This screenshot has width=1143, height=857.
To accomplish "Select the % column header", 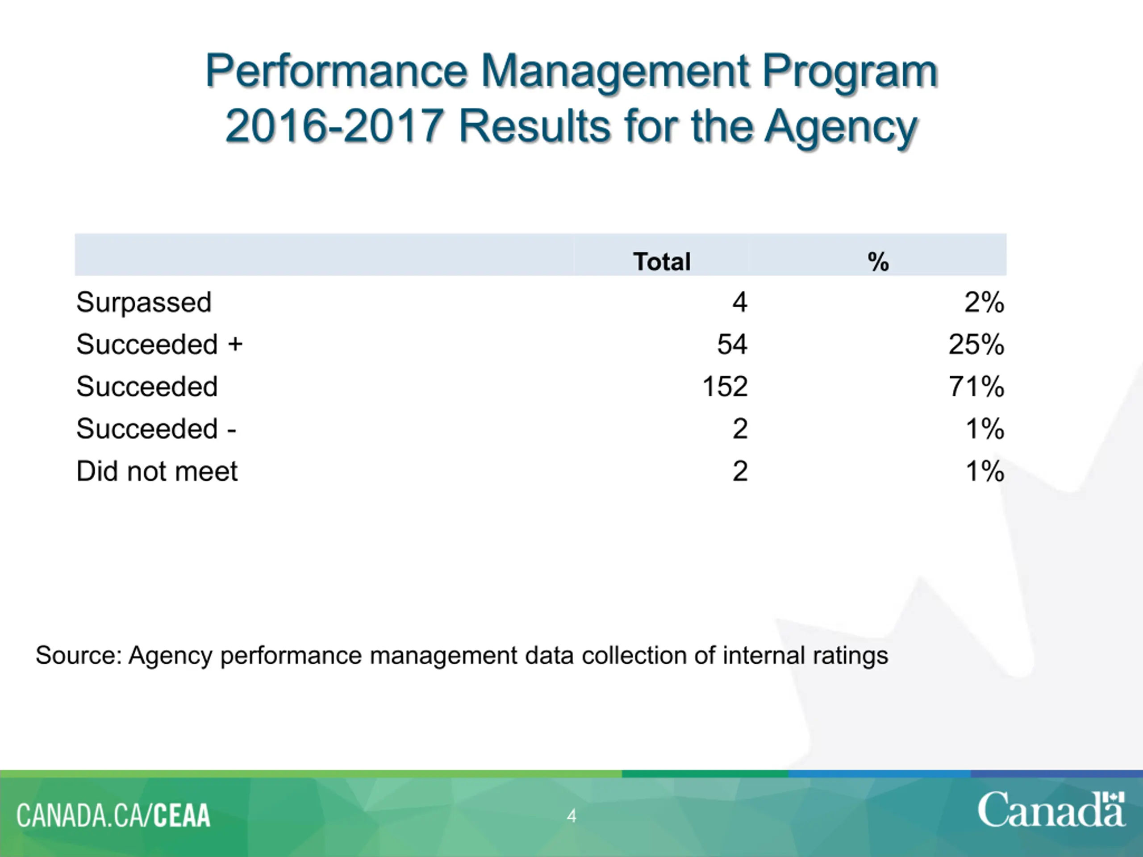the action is (878, 262).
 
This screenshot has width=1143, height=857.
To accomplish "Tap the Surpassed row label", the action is (144, 302).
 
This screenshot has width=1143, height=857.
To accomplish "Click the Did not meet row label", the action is (157, 471).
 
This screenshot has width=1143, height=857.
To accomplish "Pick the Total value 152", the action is (725, 387).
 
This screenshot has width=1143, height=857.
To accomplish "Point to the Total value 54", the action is (732, 344).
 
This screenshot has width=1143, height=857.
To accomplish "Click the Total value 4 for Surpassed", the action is (740, 302).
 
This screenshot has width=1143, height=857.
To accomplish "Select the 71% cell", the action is (976, 387).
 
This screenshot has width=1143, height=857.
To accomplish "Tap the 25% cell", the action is (976, 344).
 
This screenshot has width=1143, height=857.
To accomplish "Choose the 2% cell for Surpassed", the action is (984, 302).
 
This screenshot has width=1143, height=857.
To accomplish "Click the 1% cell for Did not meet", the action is (985, 471).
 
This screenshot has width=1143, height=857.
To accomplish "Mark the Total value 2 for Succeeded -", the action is (740, 429).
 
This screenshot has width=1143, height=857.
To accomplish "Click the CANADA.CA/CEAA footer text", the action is (113, 815).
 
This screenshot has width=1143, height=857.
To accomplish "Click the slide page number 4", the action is (571, 815).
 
